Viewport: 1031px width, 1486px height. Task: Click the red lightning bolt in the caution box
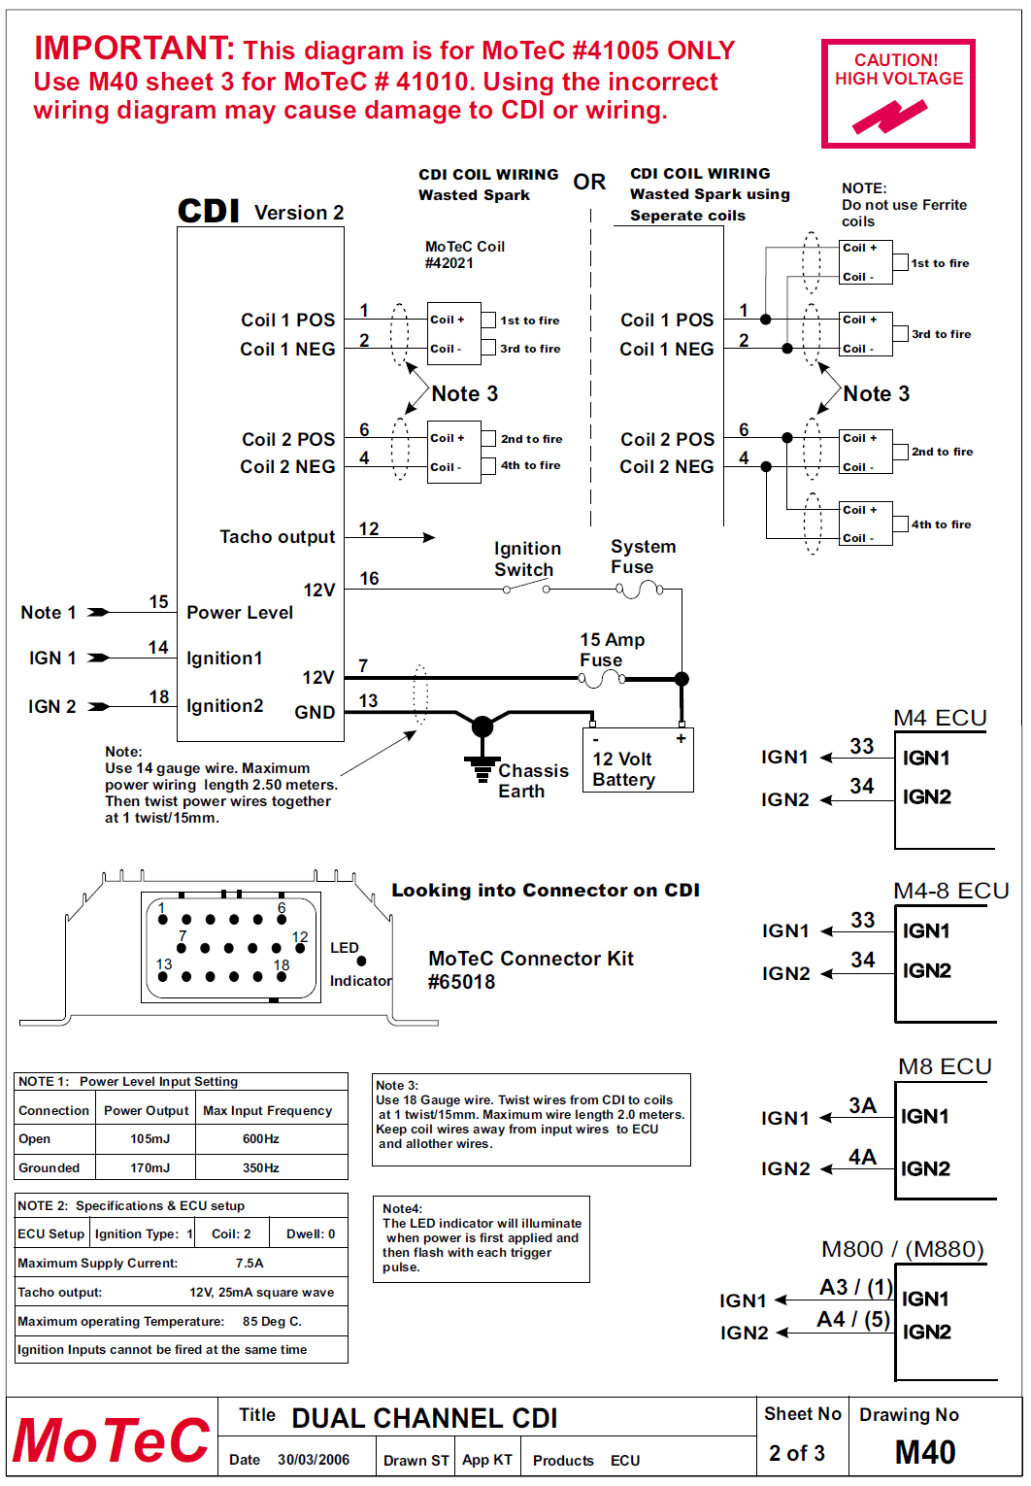coord(889,117)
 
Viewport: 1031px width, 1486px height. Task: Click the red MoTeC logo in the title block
coord(111,1440)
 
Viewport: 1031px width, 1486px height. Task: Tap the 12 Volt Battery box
coord(638,760)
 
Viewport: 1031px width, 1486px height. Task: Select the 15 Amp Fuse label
coord(612,650)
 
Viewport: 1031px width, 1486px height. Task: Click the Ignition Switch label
coord(527,558)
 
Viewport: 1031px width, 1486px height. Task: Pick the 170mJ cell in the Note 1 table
coord(150,1167)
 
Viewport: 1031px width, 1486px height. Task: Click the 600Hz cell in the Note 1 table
coord(260,1138)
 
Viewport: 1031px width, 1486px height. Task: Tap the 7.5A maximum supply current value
coord(249,1263)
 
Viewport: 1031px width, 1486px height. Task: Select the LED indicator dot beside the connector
coord(361,961)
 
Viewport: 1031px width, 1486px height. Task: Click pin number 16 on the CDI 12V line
coord(369,579)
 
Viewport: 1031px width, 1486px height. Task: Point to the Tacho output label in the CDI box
coord(277,537)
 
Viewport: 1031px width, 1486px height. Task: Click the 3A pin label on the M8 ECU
coord(863,1106)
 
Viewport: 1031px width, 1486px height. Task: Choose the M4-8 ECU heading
coord(951,891)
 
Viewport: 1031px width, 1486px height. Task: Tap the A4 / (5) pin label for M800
coord(853,1320)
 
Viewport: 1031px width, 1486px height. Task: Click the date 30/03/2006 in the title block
coord(313,1460)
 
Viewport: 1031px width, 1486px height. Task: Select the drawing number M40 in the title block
coord(925,1452)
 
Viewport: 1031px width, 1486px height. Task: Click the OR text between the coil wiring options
coord(589,182)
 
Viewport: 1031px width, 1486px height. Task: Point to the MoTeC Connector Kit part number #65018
coord(461,982)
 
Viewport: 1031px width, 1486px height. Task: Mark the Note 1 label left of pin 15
coord(49,612)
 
